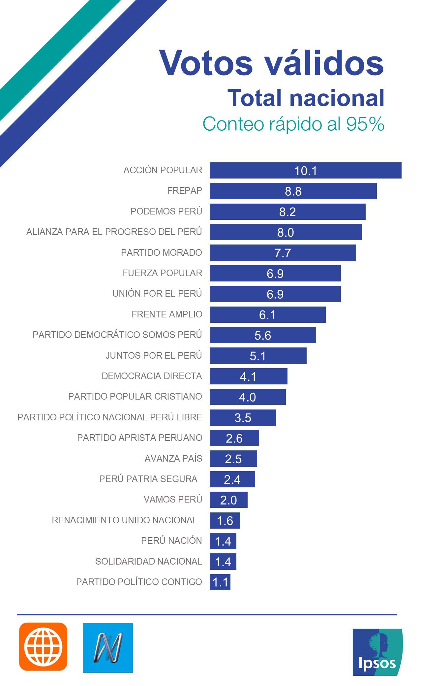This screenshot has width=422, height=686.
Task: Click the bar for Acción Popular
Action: (306, 171)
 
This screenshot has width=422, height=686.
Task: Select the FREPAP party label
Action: (185, 191)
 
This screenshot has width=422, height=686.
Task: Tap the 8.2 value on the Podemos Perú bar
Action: (287, 212)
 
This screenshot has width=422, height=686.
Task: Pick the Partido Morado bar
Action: (283, 253)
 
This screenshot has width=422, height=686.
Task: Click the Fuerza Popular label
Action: (162, 273)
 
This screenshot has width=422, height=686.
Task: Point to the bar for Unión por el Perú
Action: (275, 294)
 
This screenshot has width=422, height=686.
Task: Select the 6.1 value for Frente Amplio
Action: (267, 315)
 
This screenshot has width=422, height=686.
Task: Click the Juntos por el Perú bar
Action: (258, 356)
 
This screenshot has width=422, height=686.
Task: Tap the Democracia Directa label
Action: (152, 376)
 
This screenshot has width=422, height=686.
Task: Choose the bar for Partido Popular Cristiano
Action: (248, 397)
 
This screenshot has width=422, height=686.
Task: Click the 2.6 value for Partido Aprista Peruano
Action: (234, 438)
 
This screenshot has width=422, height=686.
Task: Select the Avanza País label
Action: (173, 458)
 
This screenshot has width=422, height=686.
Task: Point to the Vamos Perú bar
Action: (228, 500)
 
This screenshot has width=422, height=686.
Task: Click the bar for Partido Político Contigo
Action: (220, 582)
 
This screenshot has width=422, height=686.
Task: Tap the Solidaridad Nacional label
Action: (148, 561)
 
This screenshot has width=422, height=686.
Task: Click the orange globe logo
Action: (43, 647)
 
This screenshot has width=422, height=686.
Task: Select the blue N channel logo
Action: (108, 647)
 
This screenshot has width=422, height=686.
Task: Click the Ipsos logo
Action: (377, 652)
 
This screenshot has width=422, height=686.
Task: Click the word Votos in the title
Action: (206, 63)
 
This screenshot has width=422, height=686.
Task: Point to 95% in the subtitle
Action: (365, 124)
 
